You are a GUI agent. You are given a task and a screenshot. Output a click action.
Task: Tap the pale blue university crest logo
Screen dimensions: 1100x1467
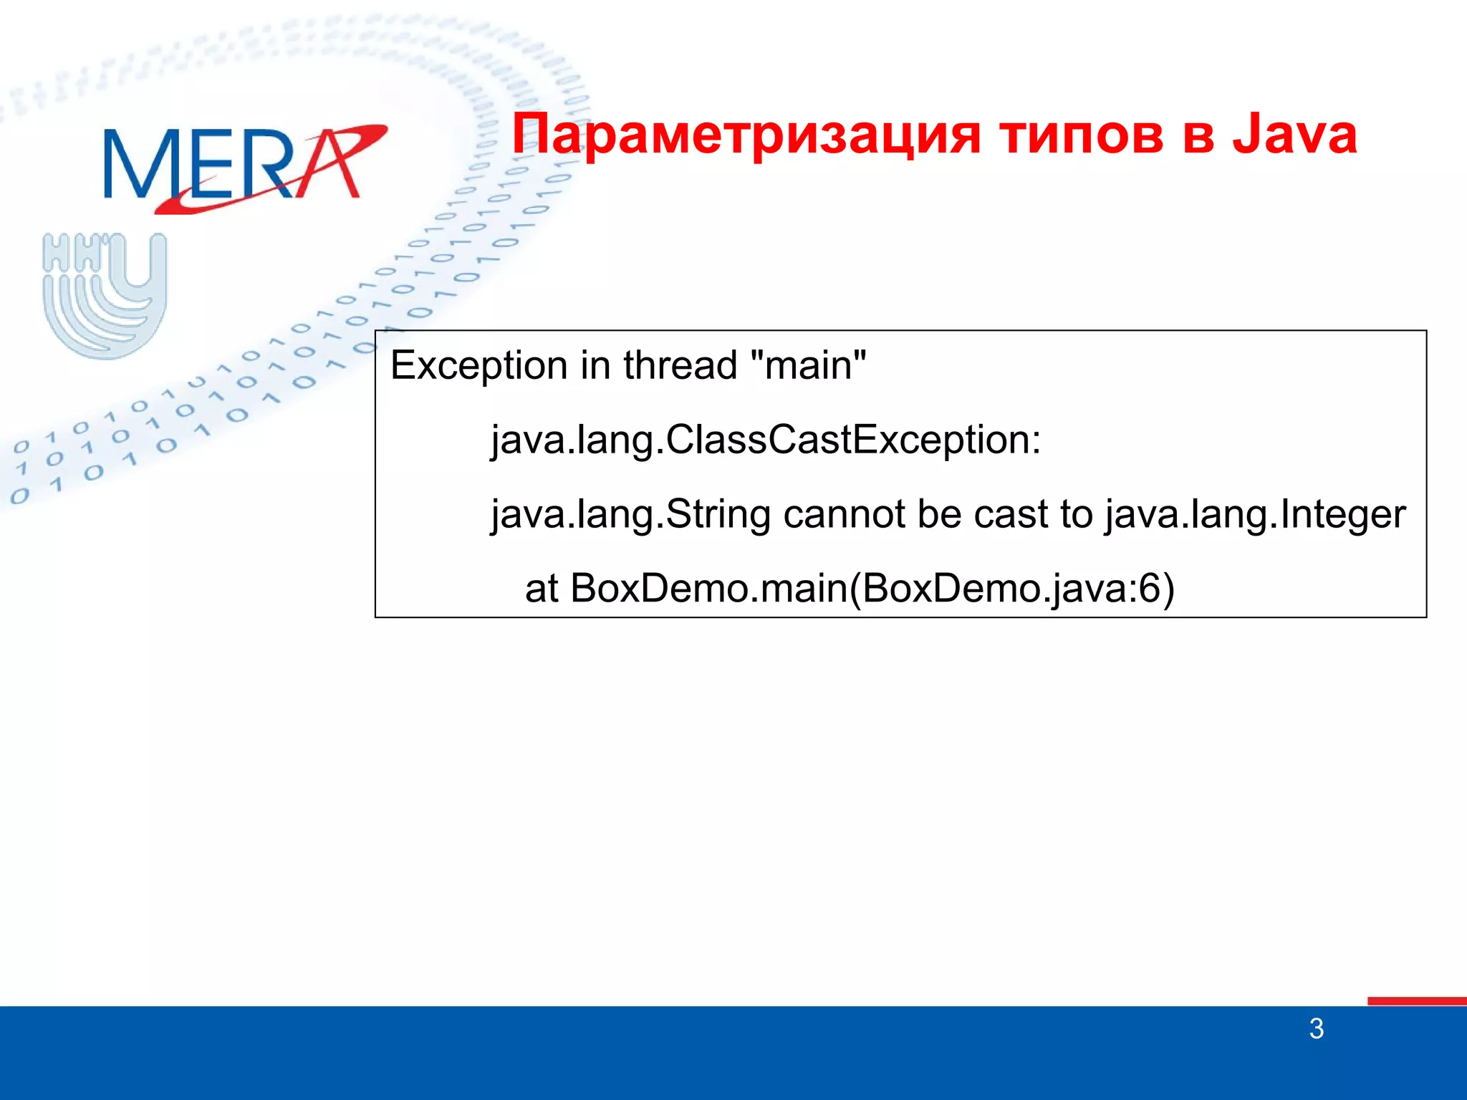105,295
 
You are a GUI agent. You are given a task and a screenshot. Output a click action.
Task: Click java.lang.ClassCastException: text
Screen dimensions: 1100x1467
765,440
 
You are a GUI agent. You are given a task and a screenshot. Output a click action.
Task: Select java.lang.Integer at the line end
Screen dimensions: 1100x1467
1255,515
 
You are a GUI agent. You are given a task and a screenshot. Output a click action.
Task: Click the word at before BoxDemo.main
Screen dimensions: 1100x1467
542,589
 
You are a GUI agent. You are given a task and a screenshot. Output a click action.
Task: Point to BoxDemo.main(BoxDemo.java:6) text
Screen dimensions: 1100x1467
872,589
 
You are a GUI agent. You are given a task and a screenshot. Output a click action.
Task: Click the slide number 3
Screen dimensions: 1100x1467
1316,1029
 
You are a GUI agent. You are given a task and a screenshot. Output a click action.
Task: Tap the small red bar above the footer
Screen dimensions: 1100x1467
1416,1000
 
